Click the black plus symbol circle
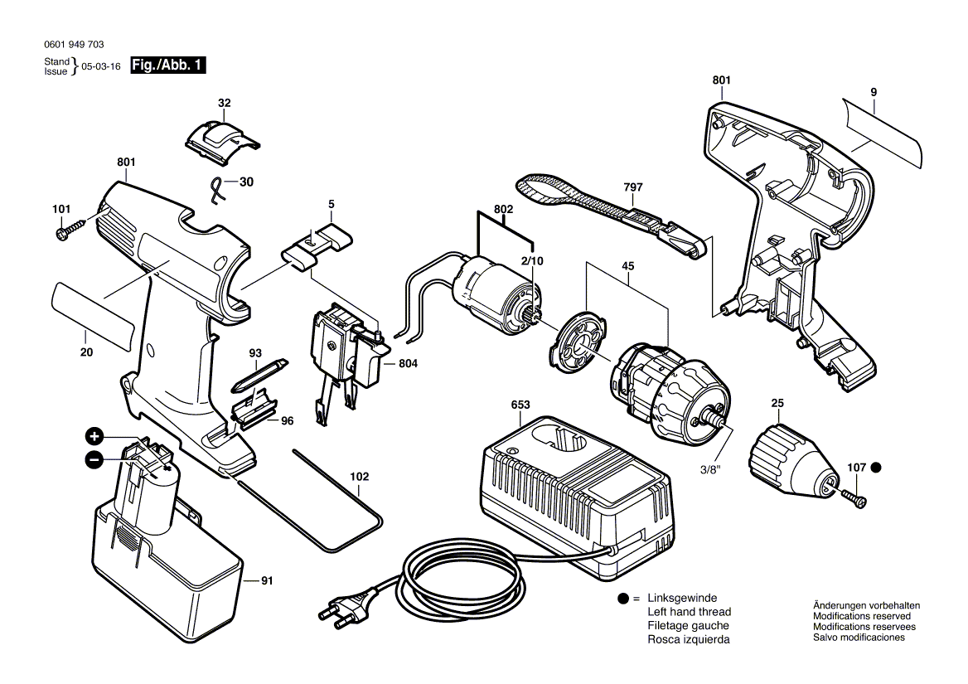coord(94,436)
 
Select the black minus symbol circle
coord(94,459)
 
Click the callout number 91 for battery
coord(266,581)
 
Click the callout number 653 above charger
coord(520,405)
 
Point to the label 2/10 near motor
coord(533,260)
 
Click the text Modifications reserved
coord(862,617)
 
